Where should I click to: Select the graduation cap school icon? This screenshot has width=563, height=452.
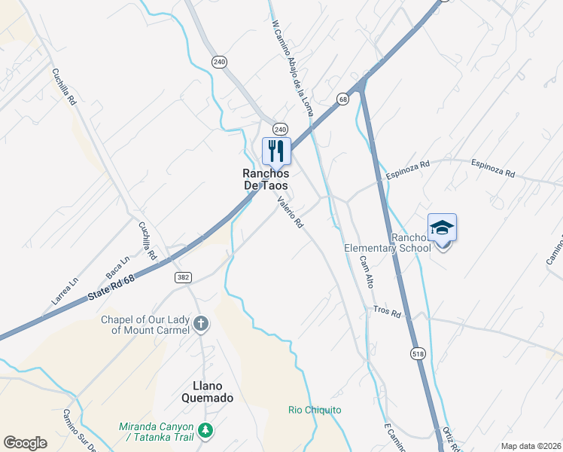pos(442,228)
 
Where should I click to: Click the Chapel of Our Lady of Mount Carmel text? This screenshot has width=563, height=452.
pos(145,324)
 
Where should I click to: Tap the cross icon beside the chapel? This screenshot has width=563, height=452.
pos(200,324)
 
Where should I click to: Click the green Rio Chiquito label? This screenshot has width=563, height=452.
pos(315,410)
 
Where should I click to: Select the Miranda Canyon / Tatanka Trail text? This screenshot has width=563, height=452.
pos(156,432)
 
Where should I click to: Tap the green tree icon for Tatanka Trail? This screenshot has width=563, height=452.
pos(205,432)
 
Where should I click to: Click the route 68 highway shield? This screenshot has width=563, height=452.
pos(343,99)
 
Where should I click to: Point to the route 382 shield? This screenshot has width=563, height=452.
pos(183,277)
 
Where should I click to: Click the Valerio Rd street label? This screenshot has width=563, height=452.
pos(290,212)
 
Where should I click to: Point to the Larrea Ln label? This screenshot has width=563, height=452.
pos(64,292)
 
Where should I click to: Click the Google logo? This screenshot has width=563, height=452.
pos(26,443)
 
